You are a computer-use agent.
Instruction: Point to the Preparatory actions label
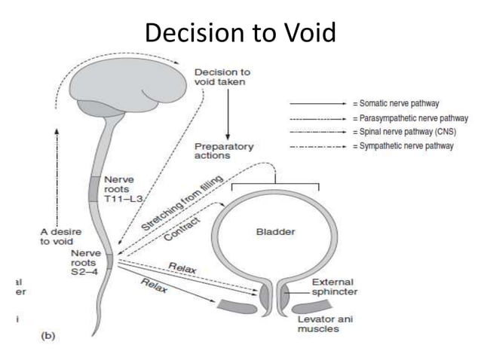click(224, 150)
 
